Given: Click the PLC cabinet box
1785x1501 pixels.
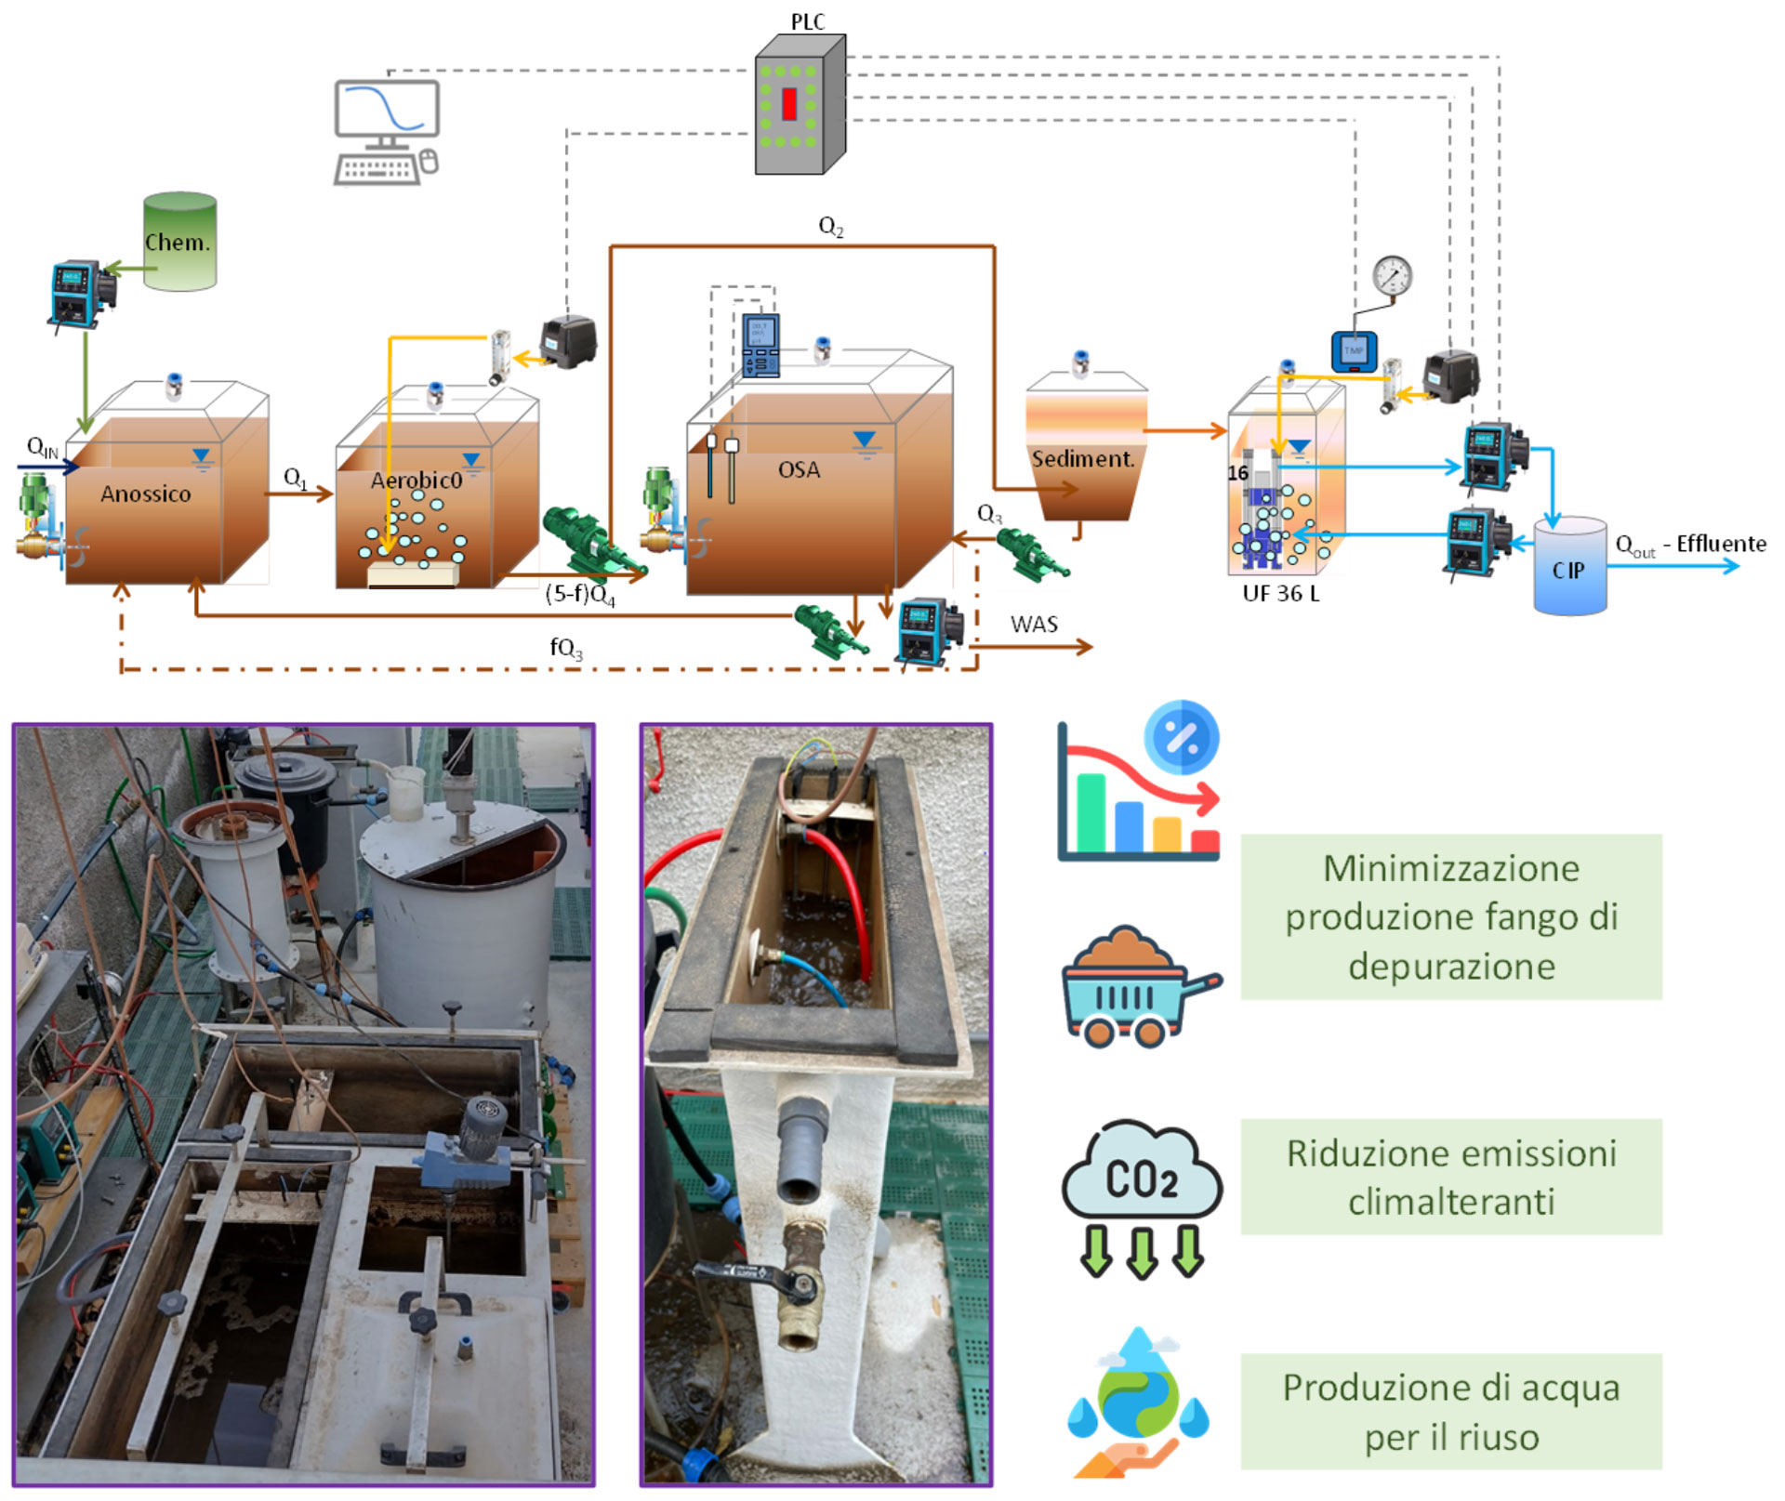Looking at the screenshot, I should [798, 105].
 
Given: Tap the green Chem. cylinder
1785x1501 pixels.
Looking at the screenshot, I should [179, 242].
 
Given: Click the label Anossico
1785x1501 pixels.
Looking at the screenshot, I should [145, 494].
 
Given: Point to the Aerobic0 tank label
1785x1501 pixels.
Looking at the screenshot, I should [416, 480].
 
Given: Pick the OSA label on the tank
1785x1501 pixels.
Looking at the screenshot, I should [799, 469].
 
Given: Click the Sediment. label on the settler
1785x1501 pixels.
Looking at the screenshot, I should [1083, 458].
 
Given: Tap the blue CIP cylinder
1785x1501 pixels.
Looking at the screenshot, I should [1569, 567].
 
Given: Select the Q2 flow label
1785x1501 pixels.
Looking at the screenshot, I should [830, 226].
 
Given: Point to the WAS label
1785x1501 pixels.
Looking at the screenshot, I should [1034, 624].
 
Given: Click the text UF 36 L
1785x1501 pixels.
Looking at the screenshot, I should [1280, 593].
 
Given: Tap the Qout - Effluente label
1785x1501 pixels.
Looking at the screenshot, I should [1690, 545].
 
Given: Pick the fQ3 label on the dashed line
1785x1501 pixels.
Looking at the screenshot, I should [565, 647].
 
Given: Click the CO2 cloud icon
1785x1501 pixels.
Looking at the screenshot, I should [1142, 1194].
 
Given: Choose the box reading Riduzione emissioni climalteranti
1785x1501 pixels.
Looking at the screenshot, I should [1450, 1177].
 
